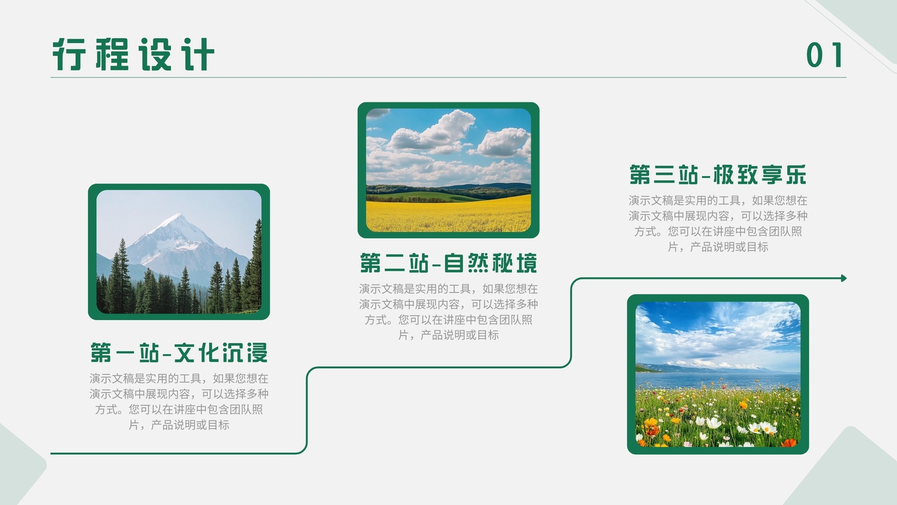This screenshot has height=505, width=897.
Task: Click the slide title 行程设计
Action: [133, 54]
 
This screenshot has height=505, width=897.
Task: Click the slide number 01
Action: [825, 55]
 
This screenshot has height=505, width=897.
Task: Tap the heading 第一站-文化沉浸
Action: [179, 353]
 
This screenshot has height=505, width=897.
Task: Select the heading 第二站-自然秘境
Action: [449, 263]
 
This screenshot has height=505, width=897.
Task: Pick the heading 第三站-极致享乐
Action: [718, 175]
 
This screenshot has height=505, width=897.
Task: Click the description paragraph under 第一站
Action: [179, 402]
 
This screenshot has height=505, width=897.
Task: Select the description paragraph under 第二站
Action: [449, 312]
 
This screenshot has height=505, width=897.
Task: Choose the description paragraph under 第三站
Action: [718, 223]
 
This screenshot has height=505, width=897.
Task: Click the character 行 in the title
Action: [69, 54]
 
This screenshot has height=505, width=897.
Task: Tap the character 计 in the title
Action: [198, 54]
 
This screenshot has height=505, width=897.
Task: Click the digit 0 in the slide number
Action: [815, 55]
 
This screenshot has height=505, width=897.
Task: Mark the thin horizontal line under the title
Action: [449, 77]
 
